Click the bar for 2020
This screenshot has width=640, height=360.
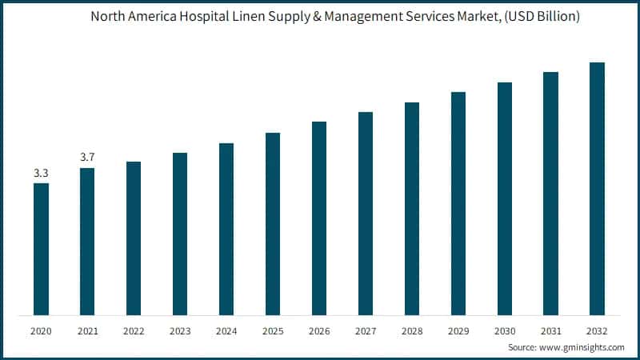click(41, 249)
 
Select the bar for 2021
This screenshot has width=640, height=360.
click(87, 241)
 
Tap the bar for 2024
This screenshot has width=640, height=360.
click(226, 229)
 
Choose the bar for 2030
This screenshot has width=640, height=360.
click(505, 198)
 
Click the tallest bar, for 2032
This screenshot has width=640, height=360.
click(597, 188)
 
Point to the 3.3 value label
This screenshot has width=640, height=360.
click(41, 173)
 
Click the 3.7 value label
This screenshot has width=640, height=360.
click(87, 157)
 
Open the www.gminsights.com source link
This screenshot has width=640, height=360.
click(586, 348)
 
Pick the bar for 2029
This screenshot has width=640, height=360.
click(458, 203)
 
